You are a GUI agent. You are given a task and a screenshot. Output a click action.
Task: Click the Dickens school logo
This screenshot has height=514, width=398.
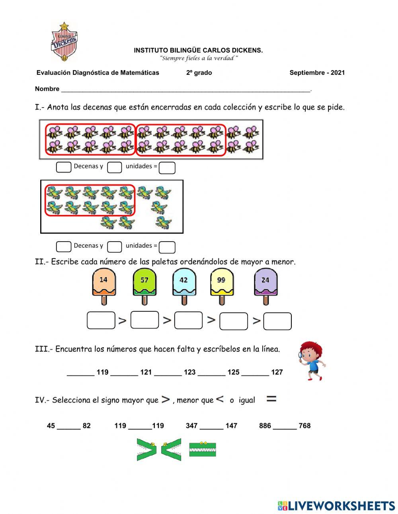pos(64,42)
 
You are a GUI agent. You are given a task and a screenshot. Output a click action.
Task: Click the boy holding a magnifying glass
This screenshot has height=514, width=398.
pos(312,360)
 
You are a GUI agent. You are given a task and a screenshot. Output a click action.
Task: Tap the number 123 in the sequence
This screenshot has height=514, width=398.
pos(189,372)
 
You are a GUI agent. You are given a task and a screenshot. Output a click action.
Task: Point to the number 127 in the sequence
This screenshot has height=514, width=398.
pos(277,372)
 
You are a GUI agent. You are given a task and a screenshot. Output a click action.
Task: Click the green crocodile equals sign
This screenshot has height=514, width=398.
pos(203,449)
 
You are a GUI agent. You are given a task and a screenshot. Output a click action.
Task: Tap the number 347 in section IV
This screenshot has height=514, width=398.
pos(191,426)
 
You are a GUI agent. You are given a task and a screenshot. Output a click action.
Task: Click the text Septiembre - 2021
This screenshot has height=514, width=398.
pos(317,72)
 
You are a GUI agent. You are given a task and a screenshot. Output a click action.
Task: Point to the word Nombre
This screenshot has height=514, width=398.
pos(47,89)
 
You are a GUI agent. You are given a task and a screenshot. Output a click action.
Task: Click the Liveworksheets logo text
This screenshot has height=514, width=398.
pos(341,506)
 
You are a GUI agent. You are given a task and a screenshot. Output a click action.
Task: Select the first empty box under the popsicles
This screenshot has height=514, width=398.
pos(101,321)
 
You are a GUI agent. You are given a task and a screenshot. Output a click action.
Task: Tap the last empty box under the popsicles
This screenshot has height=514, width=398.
pos(277,321)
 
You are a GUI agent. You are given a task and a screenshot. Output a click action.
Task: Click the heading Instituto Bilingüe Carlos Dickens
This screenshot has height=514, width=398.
pos(198,51)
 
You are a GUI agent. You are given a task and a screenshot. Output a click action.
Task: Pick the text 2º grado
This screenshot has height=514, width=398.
pos(199,72)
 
